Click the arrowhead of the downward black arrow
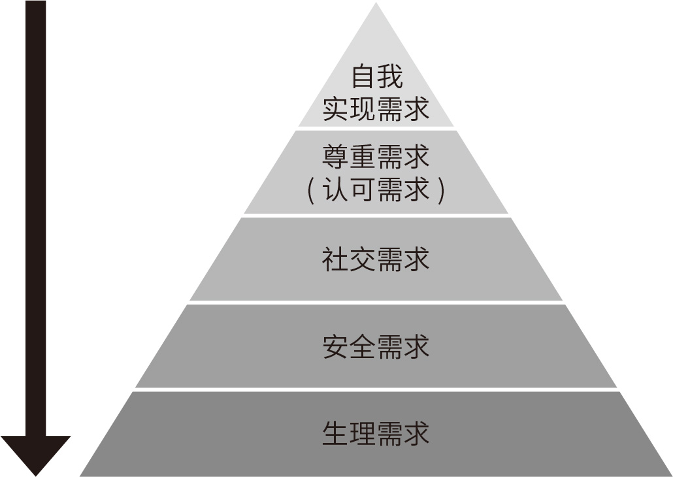[x=35, y=453]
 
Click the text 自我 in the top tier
[x=376, y=77]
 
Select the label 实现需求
[x=376, y=108]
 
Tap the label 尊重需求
[x=376, y=158]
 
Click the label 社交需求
[x=376, y=259]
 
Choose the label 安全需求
[x=376, y=346]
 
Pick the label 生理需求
[x=376, y=433]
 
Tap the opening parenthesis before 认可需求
[x=312, y=190]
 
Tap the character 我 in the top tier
[x=390, y=77]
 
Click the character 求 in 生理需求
[x=417, y=433]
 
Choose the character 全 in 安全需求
[x=363, y=346]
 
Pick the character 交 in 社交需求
[x=363, y=259]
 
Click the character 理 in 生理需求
[x=363, y=433]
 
